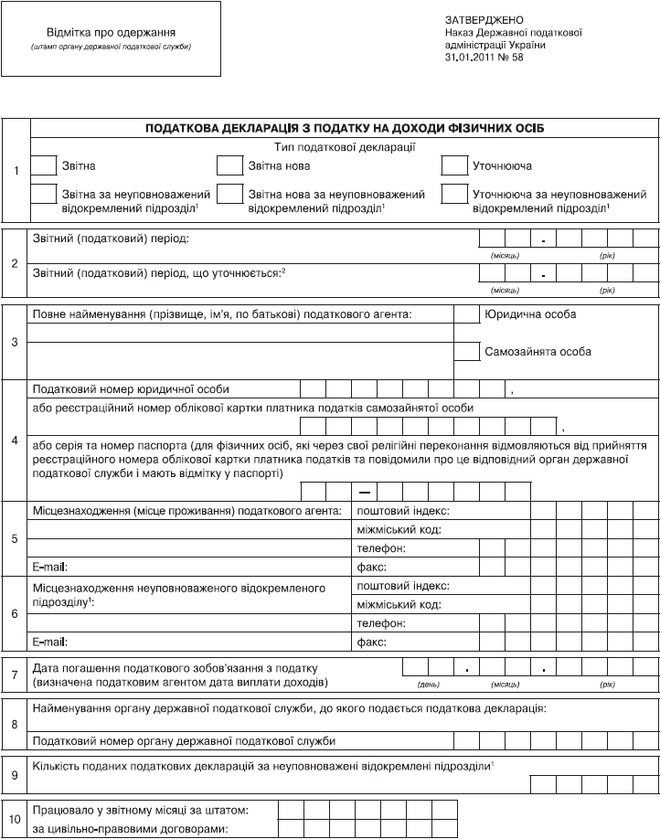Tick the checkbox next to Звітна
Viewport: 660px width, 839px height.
[x=43, y=165]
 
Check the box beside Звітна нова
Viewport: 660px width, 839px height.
[x=229, y=165]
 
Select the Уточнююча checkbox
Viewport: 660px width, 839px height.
[x=454, y=165]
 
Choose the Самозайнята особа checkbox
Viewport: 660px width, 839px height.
[x=466, y=352]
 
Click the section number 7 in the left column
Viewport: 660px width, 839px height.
[x=15, y=676]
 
